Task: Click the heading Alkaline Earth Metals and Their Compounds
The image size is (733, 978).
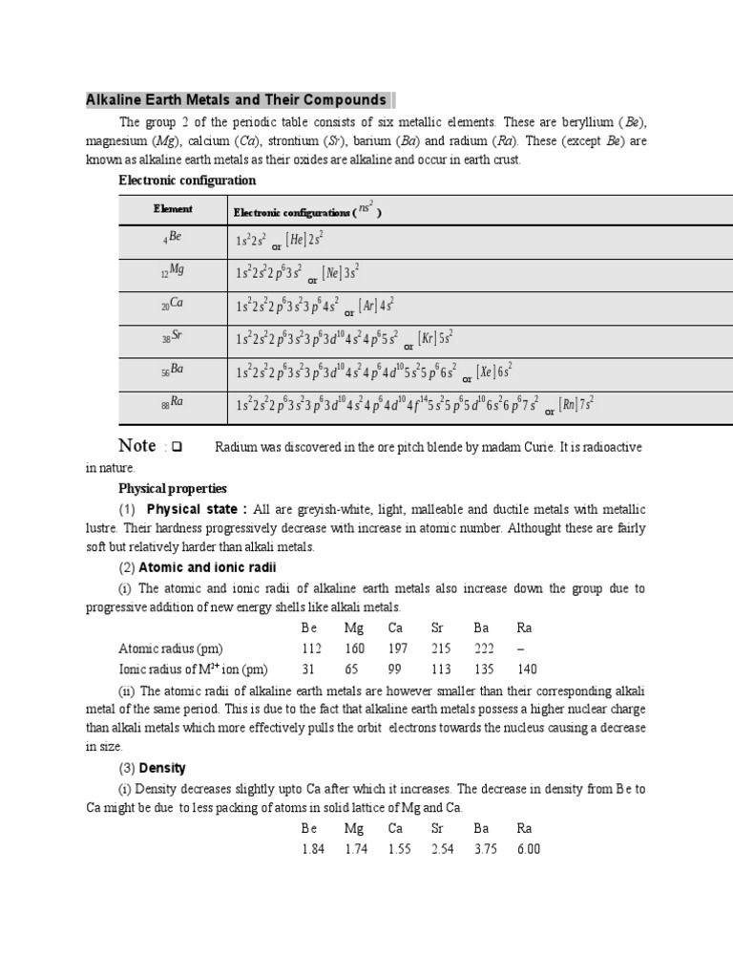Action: [x=236, y=99]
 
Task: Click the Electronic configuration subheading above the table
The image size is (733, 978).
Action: [x=187, y=180]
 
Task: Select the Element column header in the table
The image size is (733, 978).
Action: [x=173, y=208]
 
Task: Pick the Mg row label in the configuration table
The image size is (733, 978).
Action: [x=173, y=271]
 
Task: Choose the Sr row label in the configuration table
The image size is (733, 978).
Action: [x=173, y=338]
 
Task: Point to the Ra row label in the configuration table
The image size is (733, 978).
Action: [x=173, y=403]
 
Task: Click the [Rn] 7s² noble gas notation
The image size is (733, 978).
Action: [x=576, y=404]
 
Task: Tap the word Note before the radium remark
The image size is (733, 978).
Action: [x=136, y=446]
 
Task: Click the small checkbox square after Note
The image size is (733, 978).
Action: [x=177, y=448]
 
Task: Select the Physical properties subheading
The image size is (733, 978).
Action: [x=173, y=488]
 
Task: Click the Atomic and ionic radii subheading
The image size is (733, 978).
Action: [x=206, y=567]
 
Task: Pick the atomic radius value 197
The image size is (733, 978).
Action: [x=398, y=648]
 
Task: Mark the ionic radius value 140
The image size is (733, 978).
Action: [x=527, y=669]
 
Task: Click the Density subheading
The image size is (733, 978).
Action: [x=162, y=768]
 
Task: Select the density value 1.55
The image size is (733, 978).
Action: [x=398, y=848]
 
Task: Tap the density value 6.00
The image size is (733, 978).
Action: [x=528, y=848]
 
